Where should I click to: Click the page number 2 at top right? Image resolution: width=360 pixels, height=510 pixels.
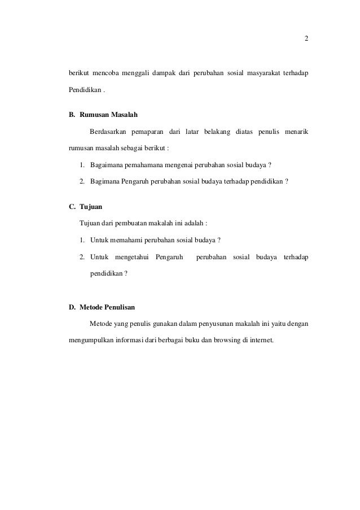coord(306,39)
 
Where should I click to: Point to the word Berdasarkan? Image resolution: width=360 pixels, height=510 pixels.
coord(107,133)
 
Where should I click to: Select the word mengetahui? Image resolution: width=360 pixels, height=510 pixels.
coord(131,258)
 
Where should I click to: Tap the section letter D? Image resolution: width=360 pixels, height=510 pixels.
coord(72,308)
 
